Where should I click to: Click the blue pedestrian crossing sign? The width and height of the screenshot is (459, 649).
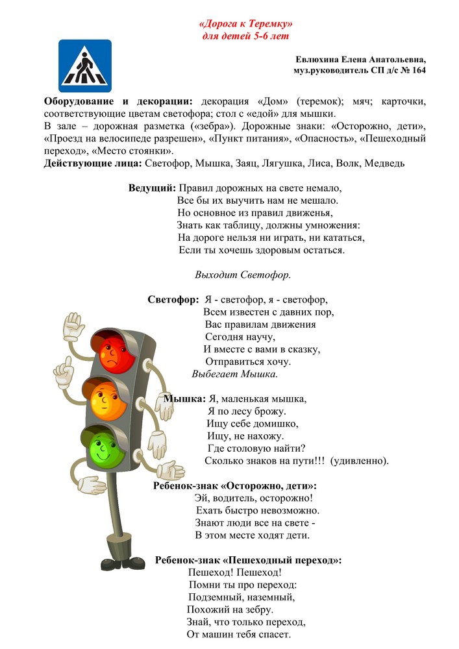click(85, 66)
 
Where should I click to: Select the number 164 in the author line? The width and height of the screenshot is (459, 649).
click(417, 70)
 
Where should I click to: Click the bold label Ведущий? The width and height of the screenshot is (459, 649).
click(152, 188)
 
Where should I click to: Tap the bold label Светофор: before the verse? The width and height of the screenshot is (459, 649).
click(173, 300)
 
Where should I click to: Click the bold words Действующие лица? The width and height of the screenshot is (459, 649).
click(93, 163)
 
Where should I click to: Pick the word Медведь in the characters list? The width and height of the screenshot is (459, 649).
click(383, 163)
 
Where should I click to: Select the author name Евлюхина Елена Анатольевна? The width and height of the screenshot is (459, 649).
click(360, 59)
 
